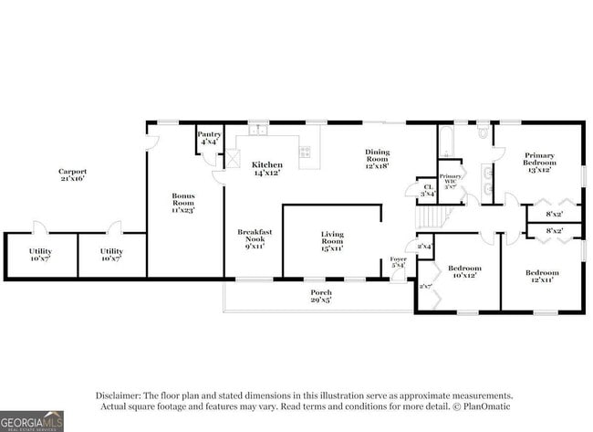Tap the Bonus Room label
pos(183,202)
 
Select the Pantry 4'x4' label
pos(209,137)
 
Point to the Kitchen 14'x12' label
pos(266,168)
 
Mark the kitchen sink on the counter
pos(259,130)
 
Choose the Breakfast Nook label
pos(255,239)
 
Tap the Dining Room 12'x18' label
pos(377,159)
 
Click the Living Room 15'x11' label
pos(331,240)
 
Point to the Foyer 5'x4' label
pos(398,262)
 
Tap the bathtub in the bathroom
pos(446,142)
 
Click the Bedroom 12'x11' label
pos(542,275)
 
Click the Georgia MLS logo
pos(32,421)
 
